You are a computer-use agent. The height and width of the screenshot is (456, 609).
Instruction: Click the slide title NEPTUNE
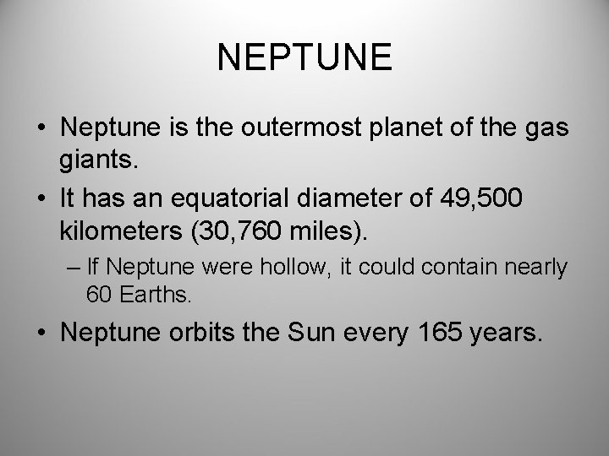tap(304, 57)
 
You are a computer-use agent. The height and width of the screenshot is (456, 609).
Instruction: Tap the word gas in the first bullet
tap(546, 128)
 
